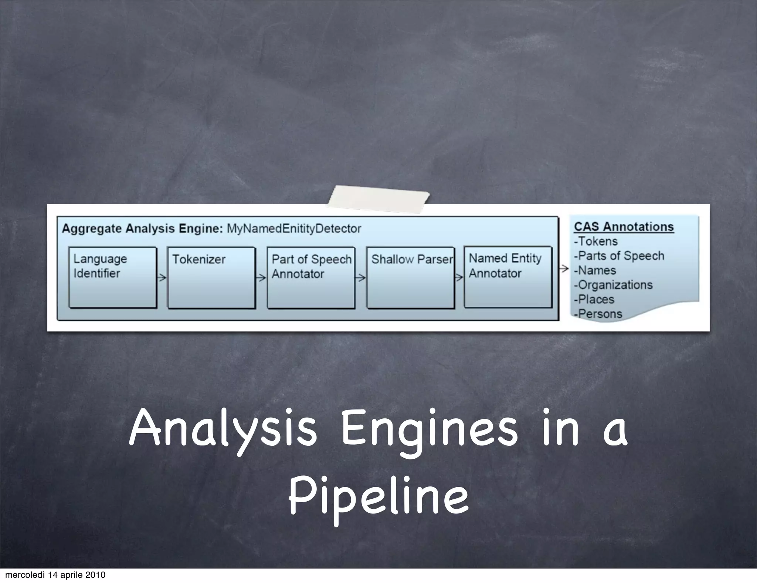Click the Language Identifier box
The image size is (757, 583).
tap(113, 277)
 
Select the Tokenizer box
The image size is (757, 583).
tap(211, 277)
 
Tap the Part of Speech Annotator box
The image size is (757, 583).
tap(311, 277)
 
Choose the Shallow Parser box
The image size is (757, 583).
tap(410, 277)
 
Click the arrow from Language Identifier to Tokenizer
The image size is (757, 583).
tap(162, 277)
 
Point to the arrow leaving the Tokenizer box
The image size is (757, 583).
tap(261, 277)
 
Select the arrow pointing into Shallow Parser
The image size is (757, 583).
tap(360, 277)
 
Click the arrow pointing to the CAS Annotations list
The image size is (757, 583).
tap(564, 269)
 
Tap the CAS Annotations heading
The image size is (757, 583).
tap(624, 227)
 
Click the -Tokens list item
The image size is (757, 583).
tap(596, 241)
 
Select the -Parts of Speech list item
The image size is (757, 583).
tap(619, 256)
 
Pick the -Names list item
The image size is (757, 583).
tap(595, 270)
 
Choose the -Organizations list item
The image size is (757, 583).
tap(614, 285)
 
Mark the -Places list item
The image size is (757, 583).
tap(594, 299)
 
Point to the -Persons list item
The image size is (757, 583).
tap(598, 314)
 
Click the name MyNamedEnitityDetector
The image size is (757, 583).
tap(294, 229)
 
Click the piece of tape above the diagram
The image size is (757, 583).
tap(378, 199)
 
